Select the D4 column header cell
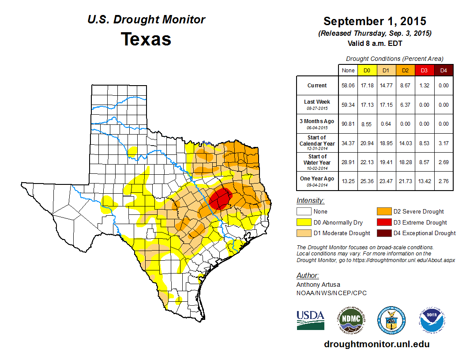point(443,70)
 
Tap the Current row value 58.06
point(348,86)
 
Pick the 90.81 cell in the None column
point(348,124)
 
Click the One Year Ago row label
point(317,179)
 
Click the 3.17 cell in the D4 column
point(443,143)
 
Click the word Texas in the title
point(146,39)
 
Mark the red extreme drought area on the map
point(220,199)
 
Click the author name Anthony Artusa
point(318,285)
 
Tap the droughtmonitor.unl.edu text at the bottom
point(376,344)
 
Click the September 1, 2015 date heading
point(375,21)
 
